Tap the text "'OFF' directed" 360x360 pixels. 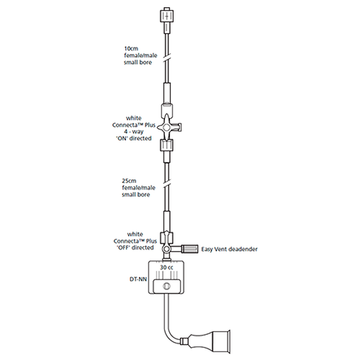pyautogui.click(x=134, y=247)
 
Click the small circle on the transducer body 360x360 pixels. pyautogui.click(x=167, y=287)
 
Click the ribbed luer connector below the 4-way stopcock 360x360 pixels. pyautogui.click(x=167, y=145)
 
